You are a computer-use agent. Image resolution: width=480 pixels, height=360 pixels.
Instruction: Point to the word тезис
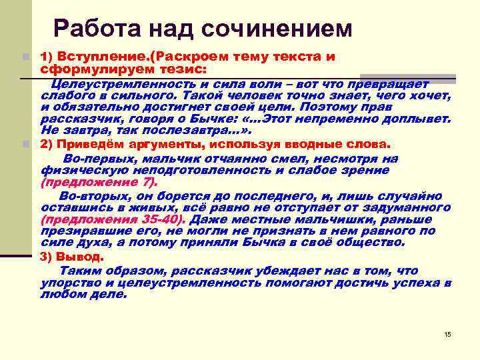[188, 69]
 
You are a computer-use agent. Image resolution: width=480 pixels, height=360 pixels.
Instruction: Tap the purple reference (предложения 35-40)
[113, 219]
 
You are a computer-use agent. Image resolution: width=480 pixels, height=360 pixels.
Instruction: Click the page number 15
[447, 333]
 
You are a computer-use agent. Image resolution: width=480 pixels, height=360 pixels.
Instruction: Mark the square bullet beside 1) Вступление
[25, 57]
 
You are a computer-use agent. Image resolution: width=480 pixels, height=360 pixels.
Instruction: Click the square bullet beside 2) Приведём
[25, 144]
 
